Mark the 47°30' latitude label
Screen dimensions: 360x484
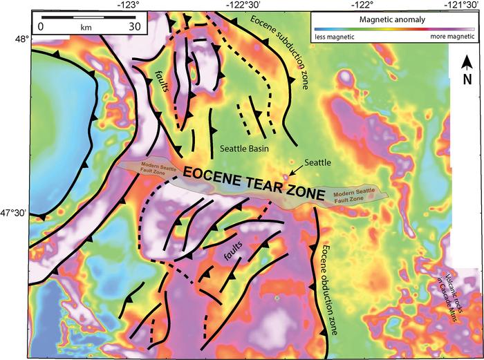coord(13,214)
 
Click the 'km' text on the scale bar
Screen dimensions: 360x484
coord(86,27)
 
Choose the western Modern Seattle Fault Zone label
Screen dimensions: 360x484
coord(149,168)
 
